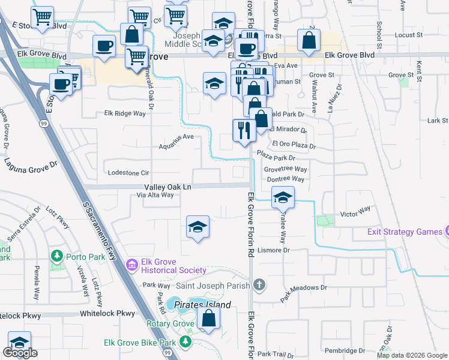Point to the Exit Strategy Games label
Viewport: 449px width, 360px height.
click(x=405, y=232)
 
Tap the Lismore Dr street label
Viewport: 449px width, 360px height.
click(x=274, y=250)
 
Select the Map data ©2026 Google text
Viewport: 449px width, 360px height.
click(x=412, y=355)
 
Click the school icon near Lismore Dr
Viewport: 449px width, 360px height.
click(x=197, y=227)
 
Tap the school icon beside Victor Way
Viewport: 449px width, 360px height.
click(x=283, y=196)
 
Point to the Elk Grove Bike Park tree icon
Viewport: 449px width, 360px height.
click(x=185, y=342)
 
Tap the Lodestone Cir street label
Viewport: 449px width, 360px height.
click(x=127, y=172)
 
